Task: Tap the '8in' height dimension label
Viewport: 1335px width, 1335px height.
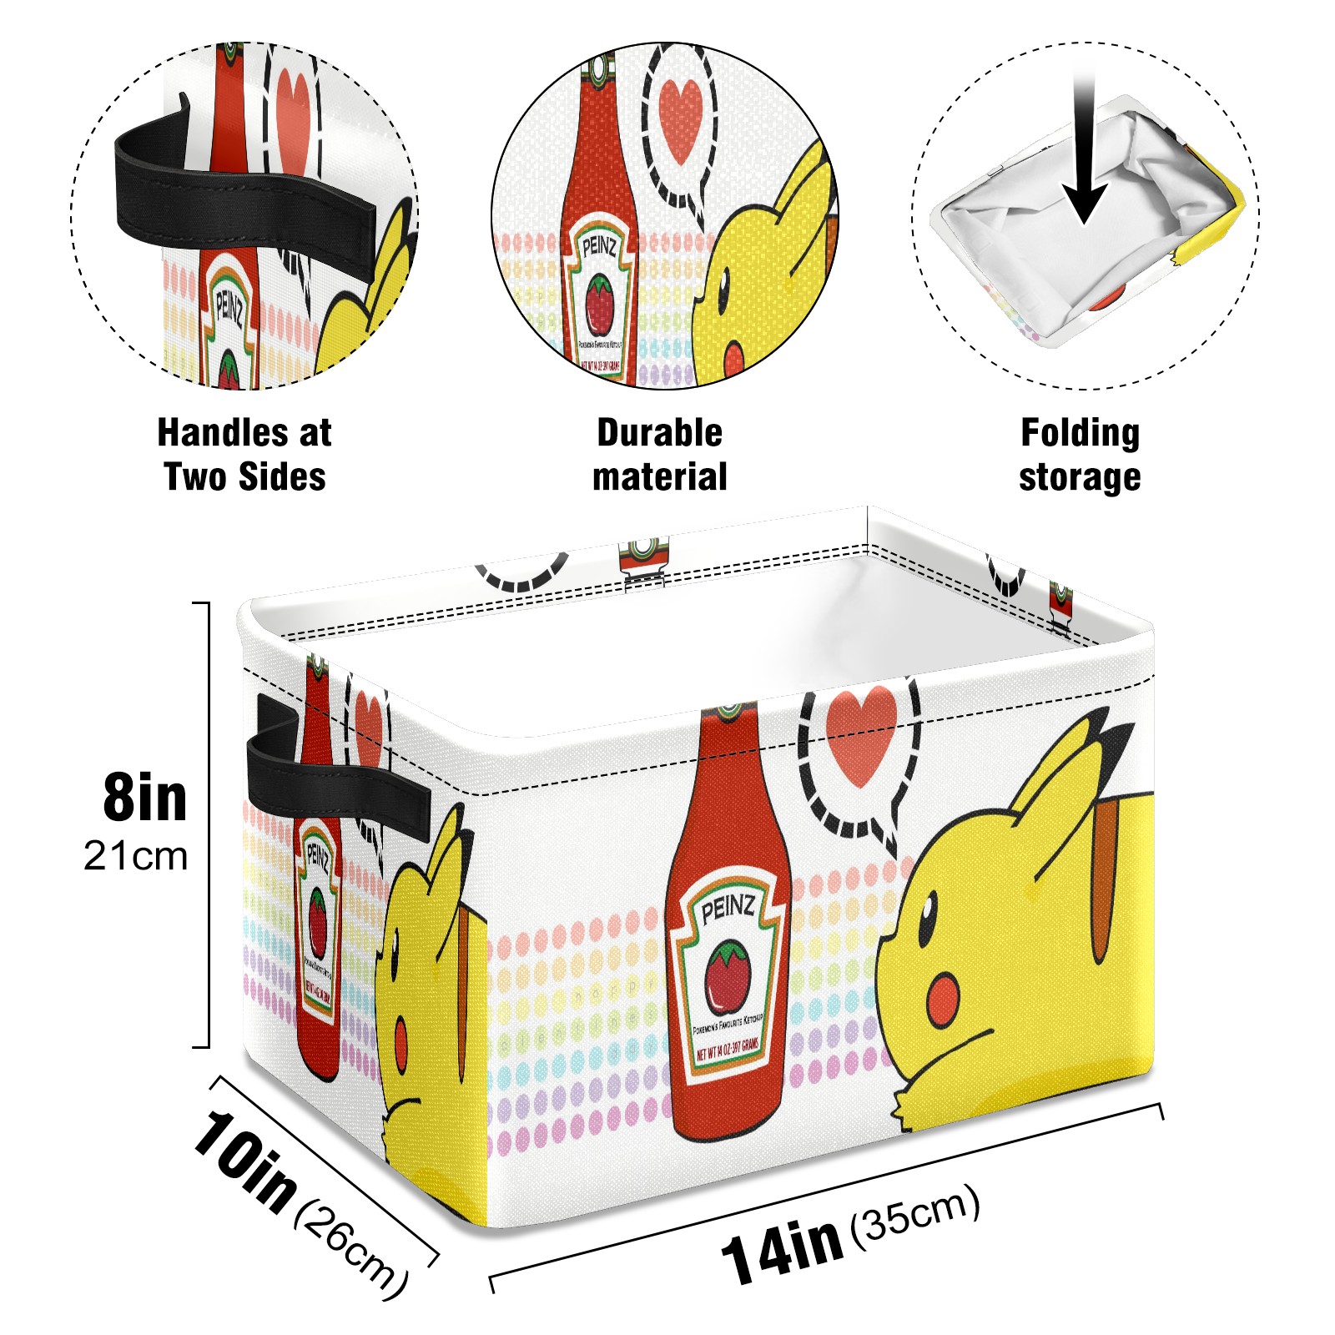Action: [145, 798]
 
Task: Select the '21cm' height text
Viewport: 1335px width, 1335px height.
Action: [136, 857]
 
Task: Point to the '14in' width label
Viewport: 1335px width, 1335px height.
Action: [782, 1247]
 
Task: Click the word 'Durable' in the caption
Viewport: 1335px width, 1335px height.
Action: [659, 433]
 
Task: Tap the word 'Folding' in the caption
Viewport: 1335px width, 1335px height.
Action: [1080, 433]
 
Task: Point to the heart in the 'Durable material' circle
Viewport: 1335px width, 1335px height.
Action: [680, 117]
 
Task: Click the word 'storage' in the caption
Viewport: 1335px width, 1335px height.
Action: [1080, 478]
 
